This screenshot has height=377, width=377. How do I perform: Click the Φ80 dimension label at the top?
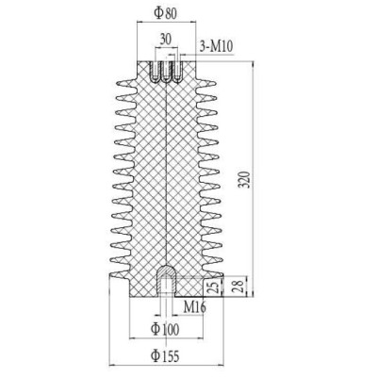coord(166,13)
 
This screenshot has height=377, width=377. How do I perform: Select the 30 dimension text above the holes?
coord(166,40)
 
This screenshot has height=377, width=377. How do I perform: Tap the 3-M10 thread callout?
coord(217,46)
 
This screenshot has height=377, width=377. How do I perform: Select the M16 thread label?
coord(195,307)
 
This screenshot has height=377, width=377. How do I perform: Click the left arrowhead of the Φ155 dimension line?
coord(112,363)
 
